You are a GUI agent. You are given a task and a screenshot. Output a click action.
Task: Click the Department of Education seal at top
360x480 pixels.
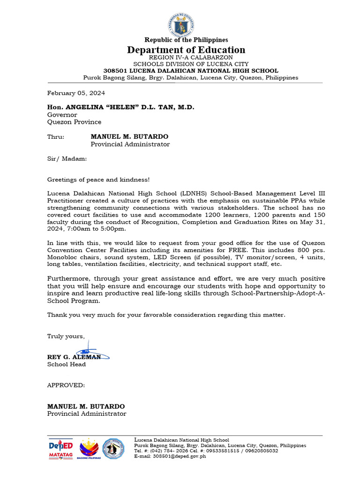[180, 24]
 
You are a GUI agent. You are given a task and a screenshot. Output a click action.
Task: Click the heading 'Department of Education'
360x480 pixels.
[186, 50]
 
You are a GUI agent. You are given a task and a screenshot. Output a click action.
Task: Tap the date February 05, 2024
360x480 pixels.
[76, 93]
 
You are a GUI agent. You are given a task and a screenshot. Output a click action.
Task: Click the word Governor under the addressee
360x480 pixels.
[62, 114]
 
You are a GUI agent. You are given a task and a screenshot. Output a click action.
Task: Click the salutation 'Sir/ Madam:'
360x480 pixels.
[67, 159]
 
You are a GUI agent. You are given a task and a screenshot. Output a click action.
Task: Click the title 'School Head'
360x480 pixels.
[67, 364]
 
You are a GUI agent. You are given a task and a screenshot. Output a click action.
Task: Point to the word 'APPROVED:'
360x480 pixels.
[66, 385]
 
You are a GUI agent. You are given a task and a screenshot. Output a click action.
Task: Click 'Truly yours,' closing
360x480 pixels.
[66, 336]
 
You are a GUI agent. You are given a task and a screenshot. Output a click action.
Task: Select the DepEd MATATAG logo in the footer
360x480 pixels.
[61, 449]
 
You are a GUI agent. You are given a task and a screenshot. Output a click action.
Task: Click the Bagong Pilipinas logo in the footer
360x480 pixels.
[89, 449]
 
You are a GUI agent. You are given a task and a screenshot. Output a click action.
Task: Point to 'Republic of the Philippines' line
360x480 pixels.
[186, 40]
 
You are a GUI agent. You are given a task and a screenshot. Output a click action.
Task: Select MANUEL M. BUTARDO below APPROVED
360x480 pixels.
[86, 406]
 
